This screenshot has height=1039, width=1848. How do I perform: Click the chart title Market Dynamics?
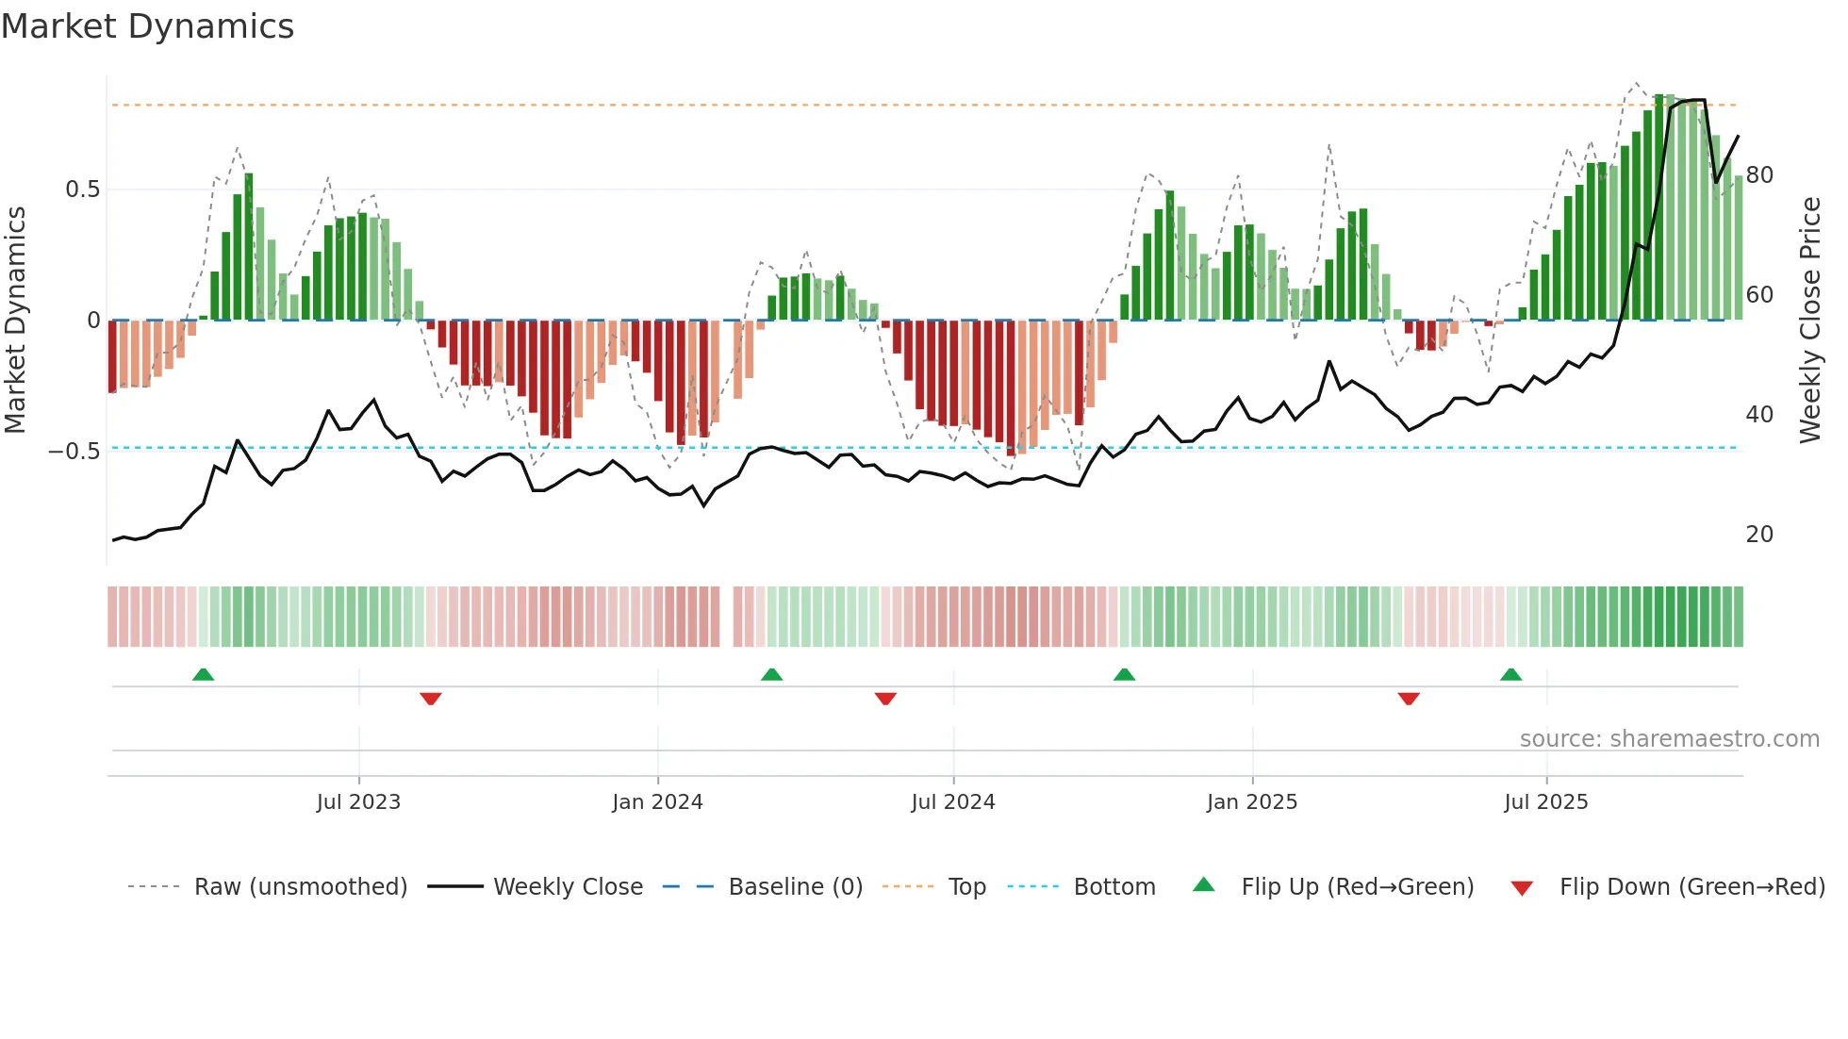click(147, 26)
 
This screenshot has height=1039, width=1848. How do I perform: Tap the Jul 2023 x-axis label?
click(358, 802)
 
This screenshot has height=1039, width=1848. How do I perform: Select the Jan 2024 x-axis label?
click(657, 802)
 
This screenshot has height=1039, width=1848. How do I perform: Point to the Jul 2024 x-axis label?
click(952, 802)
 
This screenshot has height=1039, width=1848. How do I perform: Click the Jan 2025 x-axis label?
click(1252, 802)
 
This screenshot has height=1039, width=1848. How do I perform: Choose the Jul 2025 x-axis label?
click(1545, 802)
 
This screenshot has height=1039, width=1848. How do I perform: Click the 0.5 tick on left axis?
click(82, 190)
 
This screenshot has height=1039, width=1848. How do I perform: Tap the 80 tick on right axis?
click(1759, 175)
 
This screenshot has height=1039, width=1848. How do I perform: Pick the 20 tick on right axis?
click(1759, 535)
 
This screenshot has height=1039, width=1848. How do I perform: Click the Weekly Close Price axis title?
click(1809, 321)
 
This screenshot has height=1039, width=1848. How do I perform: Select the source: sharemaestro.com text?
click(1669, 739)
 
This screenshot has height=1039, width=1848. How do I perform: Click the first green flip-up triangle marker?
click(203, 674)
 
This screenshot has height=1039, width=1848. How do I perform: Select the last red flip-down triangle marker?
click(1409, 699)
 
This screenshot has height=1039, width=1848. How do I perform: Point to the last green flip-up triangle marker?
click(1510, 674)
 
